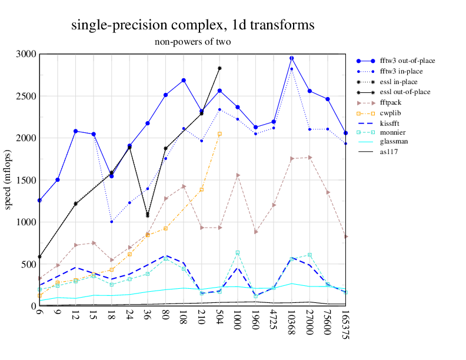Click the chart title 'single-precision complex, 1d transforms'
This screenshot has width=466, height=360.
192,25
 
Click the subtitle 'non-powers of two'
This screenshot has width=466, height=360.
192,42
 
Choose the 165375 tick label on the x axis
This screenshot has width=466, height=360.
346,327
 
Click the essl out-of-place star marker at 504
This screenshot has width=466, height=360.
219,68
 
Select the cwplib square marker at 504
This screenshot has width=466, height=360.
219,134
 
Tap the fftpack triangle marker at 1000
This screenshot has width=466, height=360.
238,175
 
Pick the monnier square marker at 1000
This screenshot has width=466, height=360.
238,252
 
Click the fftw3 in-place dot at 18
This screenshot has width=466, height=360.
111,222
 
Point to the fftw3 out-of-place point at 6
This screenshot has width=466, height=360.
39,201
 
